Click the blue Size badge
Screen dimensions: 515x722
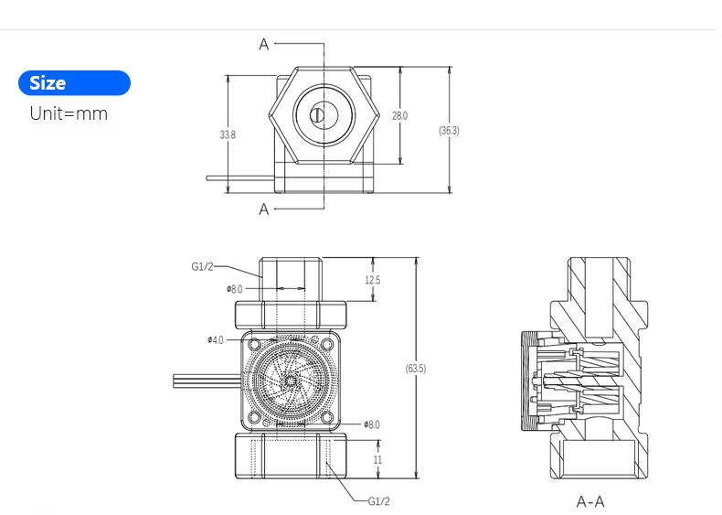pyautogui.click(x=74, y=83)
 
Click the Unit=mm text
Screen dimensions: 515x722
pyautogui.click(x=69, y=114)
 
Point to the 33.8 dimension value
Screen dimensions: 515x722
pyautogui.click(x=228, y=134)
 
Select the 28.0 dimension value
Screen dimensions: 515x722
pyautogui.click(x=399, y=116)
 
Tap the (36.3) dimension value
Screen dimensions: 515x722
pyautogui.click(x=449, y=131)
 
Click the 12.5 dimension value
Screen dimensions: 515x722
pyautogui.click(x=372, y=281)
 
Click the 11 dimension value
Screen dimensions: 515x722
pyautogui.click(x=377, y=460)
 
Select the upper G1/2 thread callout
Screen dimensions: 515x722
pyautogui.click(x=202, y=266)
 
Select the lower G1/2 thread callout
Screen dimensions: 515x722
pyautogui.click(x=378, y=501)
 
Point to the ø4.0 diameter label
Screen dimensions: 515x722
pyautogui.click(x=215, y=339)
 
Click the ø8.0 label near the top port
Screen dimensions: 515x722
pyautogui.click(x=235, y=289)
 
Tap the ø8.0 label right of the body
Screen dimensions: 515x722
pyautogui.click(x=371, y=424)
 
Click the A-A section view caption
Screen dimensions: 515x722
pyautogui.click(x=590, y=501)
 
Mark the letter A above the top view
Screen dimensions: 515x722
pyautogui.click(x=264, y=44)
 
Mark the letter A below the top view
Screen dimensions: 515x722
pyautogui.click(x=264, y=209)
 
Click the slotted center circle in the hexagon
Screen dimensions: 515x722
pyautogui.click(x=317, y=115)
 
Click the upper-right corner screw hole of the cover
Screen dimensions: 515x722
pyautogui.click(x=327, y=344)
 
